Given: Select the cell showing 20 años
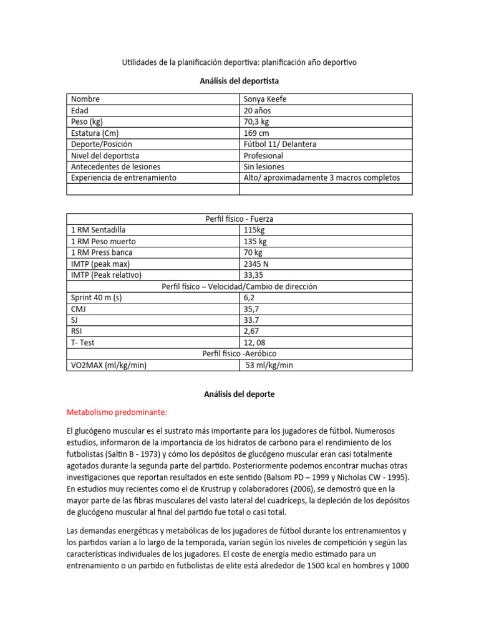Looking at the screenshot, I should [x=257, y=110].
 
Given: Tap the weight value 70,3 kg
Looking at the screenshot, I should [x=256, y=121].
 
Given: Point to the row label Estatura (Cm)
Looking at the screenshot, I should [x=95, y=133].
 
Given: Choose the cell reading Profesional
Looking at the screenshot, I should [x=263, y=155].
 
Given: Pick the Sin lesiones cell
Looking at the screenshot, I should [x=264, y=166].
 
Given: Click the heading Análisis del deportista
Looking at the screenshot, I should [x=239, y=80].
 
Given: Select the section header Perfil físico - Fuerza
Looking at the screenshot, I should [x=239, y=219].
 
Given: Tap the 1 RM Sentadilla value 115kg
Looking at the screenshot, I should [x=254, y=230].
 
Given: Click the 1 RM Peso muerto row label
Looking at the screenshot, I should [x=104, y=241].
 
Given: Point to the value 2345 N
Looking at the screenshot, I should [x=257, y=264].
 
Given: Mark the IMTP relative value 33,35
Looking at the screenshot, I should [x=253, y=275].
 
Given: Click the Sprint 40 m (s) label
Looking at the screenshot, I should [x=97, y=298].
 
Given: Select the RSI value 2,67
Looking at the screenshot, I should [x=251, y=331].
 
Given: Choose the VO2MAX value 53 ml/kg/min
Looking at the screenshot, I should [x=269, y=365].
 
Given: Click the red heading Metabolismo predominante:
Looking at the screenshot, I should [x=117, y=412].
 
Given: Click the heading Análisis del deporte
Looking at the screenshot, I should [x=239, y=394].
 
